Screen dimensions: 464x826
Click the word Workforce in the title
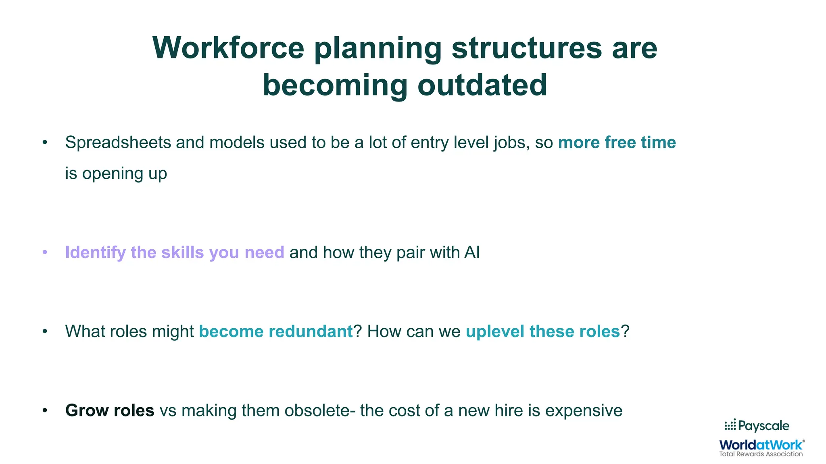tap(228, 48)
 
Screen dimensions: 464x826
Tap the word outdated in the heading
tap(482, 85)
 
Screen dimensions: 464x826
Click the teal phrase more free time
tap(617, 143)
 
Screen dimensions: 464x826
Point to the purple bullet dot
tap(45, 253)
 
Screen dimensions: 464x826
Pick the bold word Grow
tap(86, 410)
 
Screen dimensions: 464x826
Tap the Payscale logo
tap(757, 426)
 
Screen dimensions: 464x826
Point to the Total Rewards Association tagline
tap(761, 454)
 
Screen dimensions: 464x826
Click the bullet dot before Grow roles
tap(45, 410)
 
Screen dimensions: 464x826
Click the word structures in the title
tap(527, 48)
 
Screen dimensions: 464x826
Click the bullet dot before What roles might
tap(45, 331)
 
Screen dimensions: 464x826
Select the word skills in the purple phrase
tap(182, 253)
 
